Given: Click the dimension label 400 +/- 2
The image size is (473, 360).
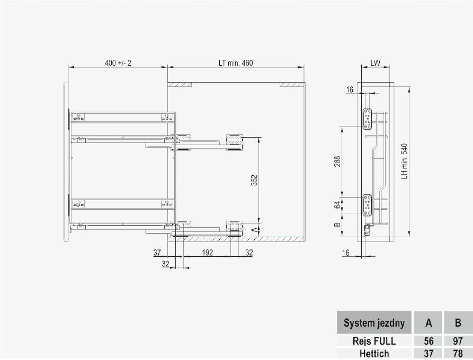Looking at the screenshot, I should tap(118, 63).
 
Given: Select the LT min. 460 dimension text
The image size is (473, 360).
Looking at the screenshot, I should tap(236, 63).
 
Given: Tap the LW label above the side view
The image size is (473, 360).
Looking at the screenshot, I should tap(376, 62).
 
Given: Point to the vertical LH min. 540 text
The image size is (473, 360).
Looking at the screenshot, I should tap(404, 161).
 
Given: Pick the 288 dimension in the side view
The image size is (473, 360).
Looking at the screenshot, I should tap(337, 161).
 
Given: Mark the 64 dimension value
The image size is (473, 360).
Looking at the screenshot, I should tap(337, 205).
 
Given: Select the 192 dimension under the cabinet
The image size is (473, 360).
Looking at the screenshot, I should tap(207, 253).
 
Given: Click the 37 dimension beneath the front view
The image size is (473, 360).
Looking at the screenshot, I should tap(157, 253).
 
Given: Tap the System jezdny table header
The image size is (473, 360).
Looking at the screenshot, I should tap(374, 323).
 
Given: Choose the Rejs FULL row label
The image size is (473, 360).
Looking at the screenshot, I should tap(374, 341).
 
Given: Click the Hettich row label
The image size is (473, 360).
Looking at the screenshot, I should tap(374, 354).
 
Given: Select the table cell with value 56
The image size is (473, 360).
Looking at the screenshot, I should tap(429, 341).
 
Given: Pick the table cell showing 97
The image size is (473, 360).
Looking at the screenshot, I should tap(458, 341).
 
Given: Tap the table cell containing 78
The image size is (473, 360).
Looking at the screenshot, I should tap(458, 354).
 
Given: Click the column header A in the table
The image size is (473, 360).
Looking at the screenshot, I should tap(429, 323).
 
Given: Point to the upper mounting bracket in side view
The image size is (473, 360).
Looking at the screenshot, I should tap(367, 119).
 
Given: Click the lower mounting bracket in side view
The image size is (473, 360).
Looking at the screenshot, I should tap(367, 205).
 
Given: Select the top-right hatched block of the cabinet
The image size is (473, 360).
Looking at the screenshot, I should tap(290, 85).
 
